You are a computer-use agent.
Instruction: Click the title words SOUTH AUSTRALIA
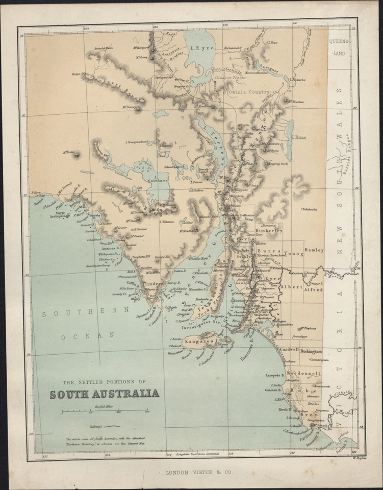pos(104,394)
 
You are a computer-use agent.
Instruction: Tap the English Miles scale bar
pos(105,410)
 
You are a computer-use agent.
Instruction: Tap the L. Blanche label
pos(298,80)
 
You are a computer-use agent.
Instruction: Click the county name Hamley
pos(314,250)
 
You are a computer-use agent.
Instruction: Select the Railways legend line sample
pos(112,425)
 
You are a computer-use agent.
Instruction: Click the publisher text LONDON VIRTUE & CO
pos(198,473)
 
